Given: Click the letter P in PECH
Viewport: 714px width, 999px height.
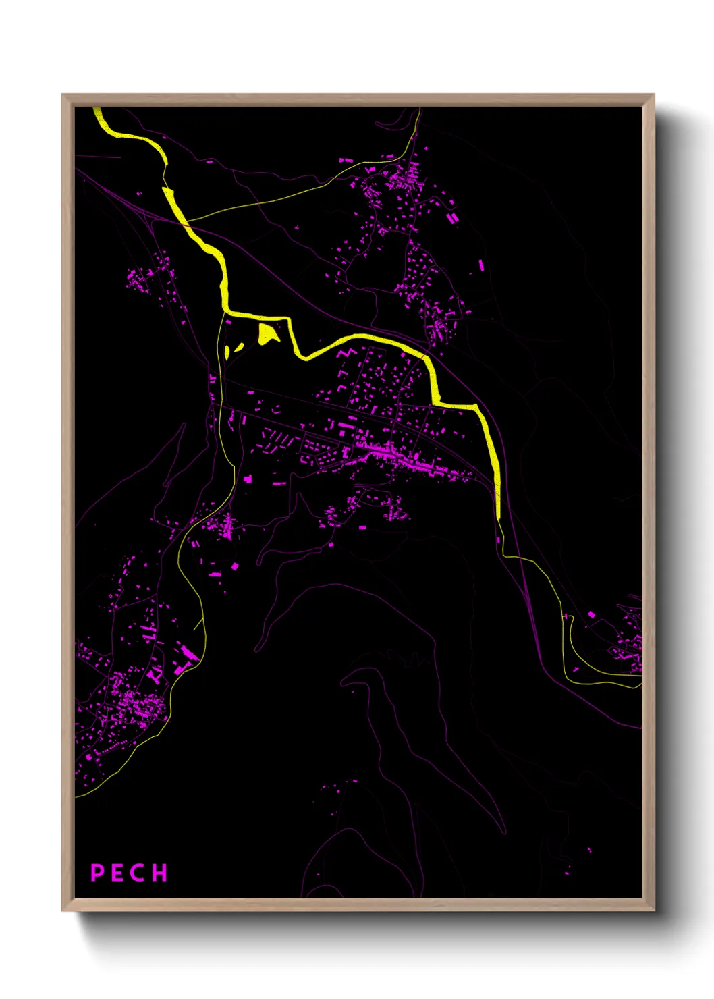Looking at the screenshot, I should (x=97, y=873).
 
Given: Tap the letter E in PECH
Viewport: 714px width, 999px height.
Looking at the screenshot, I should (x=117, y=873).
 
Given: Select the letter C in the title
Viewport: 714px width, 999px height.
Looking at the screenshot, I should (x=137, y=873).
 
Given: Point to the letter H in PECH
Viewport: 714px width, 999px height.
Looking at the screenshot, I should (x=159, y=873).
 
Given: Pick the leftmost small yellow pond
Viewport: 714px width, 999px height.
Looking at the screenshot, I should (x=227, y=352).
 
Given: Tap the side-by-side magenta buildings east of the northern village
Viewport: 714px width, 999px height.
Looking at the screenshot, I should (x=452, y=218).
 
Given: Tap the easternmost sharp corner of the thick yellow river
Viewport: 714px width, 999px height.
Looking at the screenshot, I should (x=476, y=406).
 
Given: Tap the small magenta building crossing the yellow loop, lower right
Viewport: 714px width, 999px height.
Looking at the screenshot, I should (x=566, y=616).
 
